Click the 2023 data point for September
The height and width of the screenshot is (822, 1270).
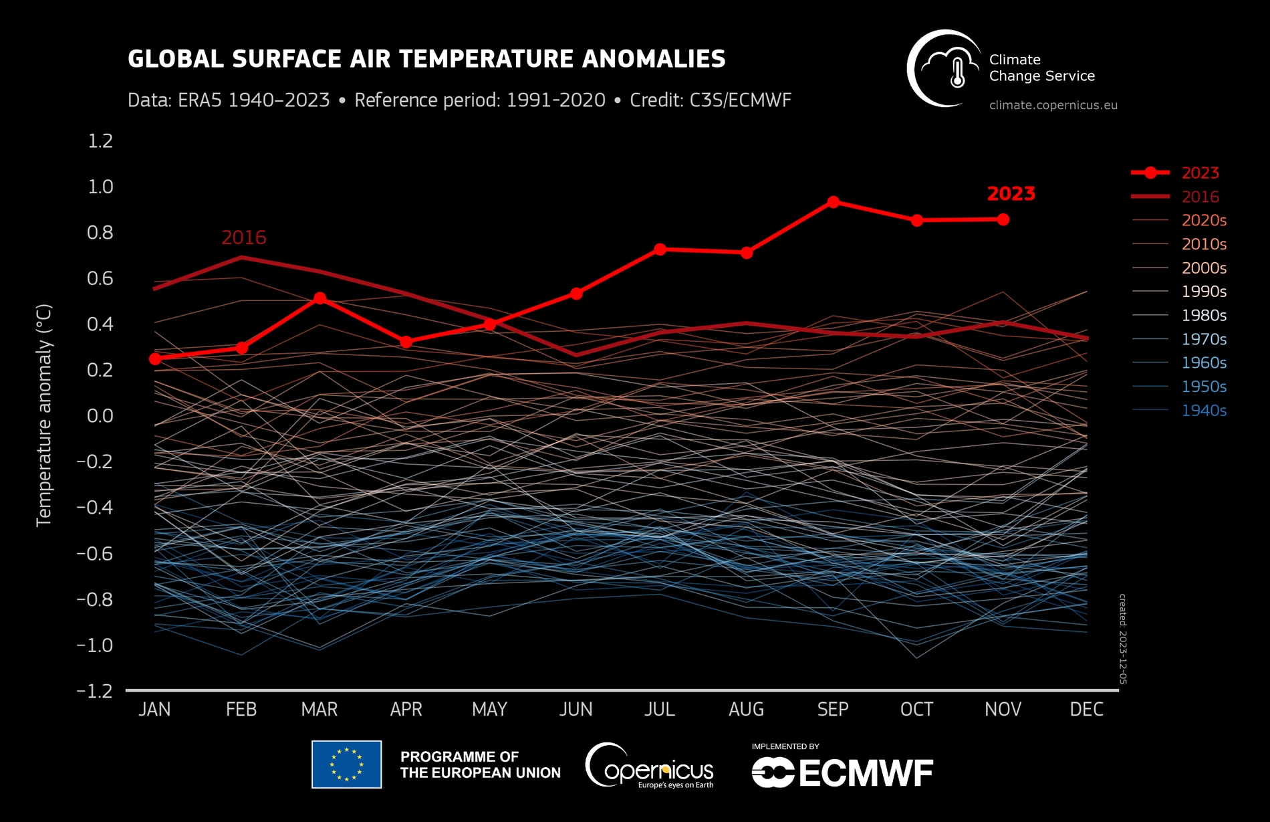[x=833, y=202]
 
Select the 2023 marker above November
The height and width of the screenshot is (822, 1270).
[x=1003, y=219]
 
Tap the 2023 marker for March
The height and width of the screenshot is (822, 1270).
[x=320, y=298]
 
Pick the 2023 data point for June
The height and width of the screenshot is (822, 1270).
[x=576, y=294]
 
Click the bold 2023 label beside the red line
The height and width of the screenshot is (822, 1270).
[x=1011, y=194]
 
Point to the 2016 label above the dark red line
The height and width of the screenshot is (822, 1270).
[x=243, y=237]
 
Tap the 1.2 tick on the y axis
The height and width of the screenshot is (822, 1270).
[x=100, y=141]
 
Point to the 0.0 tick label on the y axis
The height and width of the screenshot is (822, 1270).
[x=100, y=416]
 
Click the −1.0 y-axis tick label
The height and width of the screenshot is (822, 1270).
[x=95, y=645]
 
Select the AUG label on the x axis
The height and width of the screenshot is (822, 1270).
[x=746, y=710]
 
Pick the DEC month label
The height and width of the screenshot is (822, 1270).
[x=1086, y=710]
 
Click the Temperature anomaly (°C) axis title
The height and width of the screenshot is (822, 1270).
[x=44, y=415]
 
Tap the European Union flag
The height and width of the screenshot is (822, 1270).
[x=346, y=764]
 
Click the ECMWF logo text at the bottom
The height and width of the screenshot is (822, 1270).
[x=865, y=774]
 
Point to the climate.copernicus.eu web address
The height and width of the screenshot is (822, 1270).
[x=1053, y=105]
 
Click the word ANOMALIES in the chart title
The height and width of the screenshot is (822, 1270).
[x=654, y=59]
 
